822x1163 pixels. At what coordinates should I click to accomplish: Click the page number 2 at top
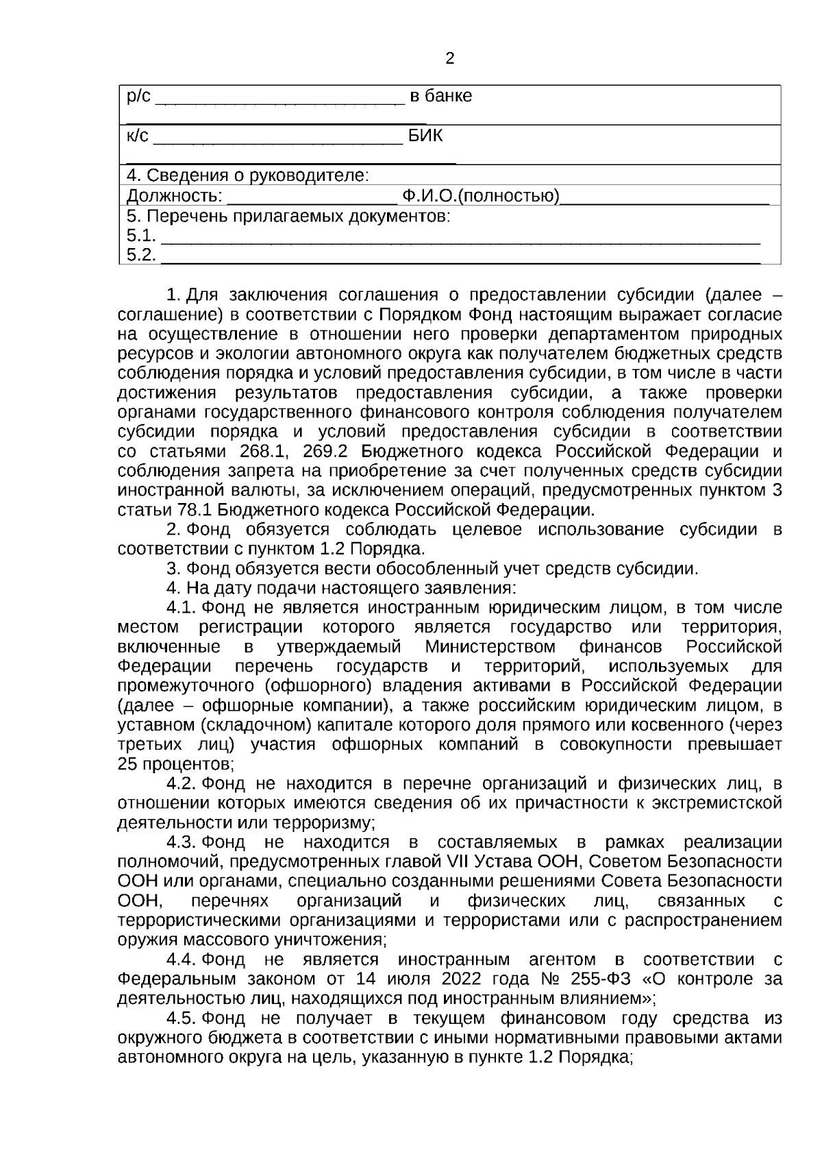449,59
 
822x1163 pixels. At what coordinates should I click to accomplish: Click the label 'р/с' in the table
138,96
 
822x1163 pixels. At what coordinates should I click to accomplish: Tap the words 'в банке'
440,96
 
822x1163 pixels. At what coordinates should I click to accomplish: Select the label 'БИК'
425,136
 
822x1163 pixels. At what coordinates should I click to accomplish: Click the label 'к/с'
137,136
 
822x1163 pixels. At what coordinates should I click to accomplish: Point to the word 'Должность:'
175,197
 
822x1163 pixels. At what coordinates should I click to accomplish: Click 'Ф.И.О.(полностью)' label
480,197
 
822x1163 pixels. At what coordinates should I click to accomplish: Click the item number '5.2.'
141,256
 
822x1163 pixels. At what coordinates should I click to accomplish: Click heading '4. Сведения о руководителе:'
247,176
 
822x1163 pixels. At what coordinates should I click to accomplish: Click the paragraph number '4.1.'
182,608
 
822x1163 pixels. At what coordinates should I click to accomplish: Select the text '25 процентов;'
176,764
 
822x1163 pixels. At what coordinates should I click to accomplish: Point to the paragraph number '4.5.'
182,1018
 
